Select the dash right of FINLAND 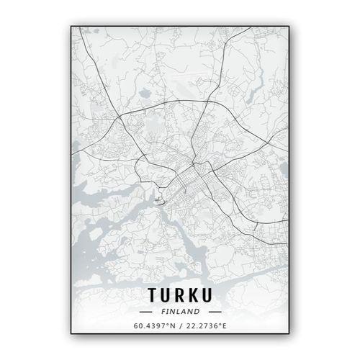tap(215, 312)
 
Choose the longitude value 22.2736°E tap(206, 326)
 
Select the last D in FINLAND tap(199, 312)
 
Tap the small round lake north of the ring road tap(143, 92)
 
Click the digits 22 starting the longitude tap(190, 326)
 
